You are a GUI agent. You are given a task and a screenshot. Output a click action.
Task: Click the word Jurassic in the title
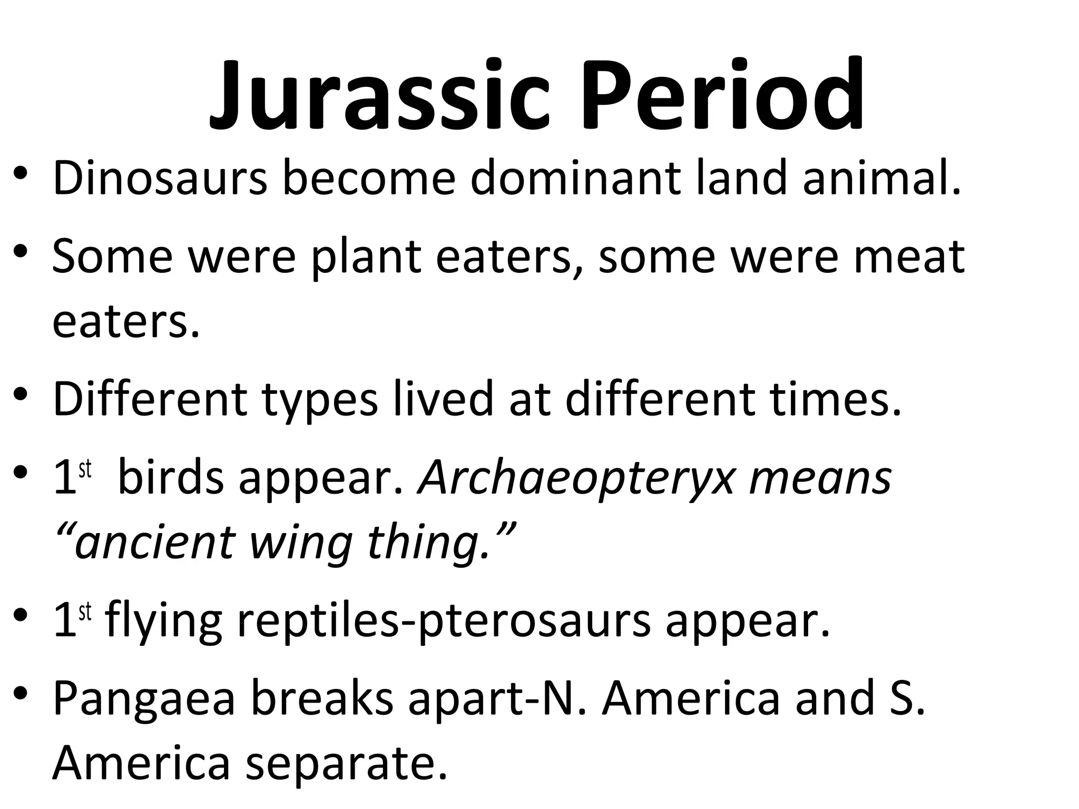coord(379,97)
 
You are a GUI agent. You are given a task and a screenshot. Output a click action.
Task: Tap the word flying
coord(163,621)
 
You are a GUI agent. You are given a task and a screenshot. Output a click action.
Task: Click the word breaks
coord(322,698)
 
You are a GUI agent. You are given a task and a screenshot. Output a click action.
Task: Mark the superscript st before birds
coord(85,469)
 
